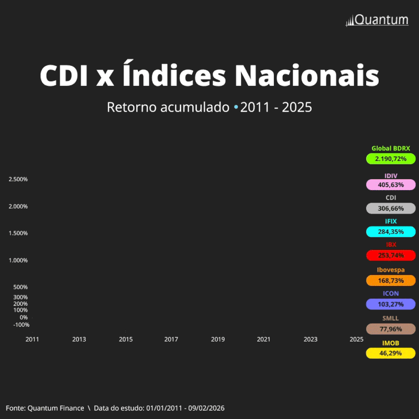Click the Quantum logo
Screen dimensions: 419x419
click(x=377, y=20)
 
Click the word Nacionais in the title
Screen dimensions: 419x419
click(x=307, y=76)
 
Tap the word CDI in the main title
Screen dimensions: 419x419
click(x=64, y=76)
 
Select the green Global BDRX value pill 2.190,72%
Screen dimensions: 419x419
click(x=391, y=158)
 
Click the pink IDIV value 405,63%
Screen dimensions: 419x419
click(x=391, y=184)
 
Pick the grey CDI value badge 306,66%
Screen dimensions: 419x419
click(x=391, y=208)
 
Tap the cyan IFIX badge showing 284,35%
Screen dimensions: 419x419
click(x=391, y=231)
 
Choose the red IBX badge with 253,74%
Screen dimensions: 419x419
click(x=391, y=256)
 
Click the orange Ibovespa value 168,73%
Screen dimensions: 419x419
click(x=391, y=281)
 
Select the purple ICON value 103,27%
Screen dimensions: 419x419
click(x=391, y=304)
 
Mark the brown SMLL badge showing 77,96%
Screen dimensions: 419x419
click(x=391, y=329)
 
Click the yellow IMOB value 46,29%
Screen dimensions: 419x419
click(x=391, y=353)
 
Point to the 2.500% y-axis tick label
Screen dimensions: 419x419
click(x=18, y=180)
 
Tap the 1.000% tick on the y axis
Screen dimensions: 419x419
click(x=18, y=260)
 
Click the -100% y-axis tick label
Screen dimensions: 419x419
click(x=21, y=325)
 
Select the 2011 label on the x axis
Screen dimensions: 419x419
click(x=32, y=339)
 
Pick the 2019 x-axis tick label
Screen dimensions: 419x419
click(x=218, y=339)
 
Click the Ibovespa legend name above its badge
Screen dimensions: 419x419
click(x=391, y=270)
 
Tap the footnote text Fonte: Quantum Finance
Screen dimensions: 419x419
click(x=45, y=408)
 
